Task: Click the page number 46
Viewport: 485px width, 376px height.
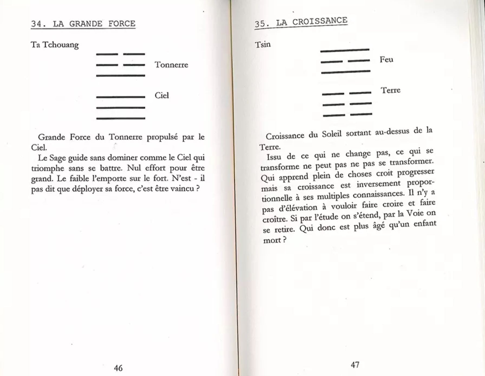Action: (x=118, y=368)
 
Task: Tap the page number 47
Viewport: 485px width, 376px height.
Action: (x=355, y=365)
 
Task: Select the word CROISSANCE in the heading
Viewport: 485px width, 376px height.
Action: (x=320, y=21)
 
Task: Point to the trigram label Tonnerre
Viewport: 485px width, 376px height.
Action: (x=171, y=65)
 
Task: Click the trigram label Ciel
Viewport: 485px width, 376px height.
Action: (x=162, y=95)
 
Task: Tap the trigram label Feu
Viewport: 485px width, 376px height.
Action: (x=386, y=59)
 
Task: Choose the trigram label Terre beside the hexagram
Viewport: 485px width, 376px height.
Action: (x=390, y=90)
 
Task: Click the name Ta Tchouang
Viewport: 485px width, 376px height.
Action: (x=55, y=45)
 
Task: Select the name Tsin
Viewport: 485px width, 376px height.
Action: (x=263, y=44)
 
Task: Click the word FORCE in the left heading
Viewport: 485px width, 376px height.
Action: (x=122, y=24)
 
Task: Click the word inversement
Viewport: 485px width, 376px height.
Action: (x=378, y=184)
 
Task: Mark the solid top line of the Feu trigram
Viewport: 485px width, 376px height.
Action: (x=345, y=50)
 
